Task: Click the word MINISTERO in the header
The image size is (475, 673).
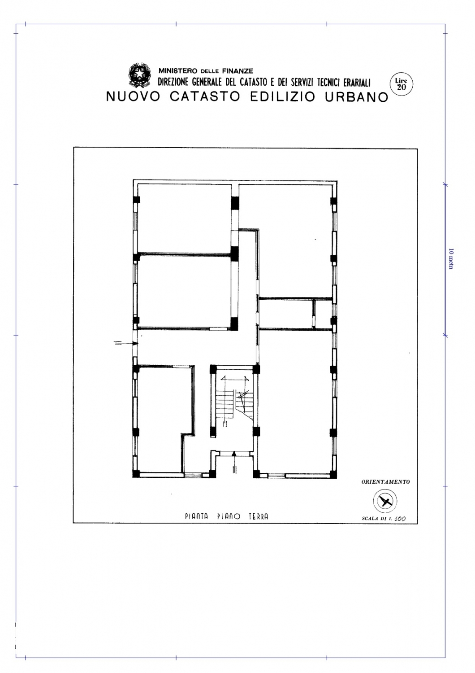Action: click(x=178, y=71)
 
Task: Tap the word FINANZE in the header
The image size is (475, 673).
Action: click(x=237, y=71)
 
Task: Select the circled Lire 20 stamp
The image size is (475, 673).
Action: click(x=401, y=84)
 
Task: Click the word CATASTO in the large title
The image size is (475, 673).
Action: click(x=205, y=97)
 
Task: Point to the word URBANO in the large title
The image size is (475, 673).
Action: click(x=357, y=97)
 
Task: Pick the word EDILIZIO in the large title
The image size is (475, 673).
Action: click(x=282, y=97)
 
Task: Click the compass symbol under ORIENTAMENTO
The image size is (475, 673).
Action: click(x=385, y=501)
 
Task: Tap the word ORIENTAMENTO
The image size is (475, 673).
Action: click(x=385, y=482)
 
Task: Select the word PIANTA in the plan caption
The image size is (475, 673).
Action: click(x=196, y=516)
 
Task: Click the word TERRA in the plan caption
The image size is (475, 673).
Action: click(x=259, y=516)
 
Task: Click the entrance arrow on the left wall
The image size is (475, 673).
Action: click(x=126, y=343)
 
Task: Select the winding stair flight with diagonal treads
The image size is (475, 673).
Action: click(x=245, y=404)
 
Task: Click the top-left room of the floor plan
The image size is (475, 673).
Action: click(x=184, y=218)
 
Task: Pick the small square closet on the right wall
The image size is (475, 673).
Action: click(x=324, y=314)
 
